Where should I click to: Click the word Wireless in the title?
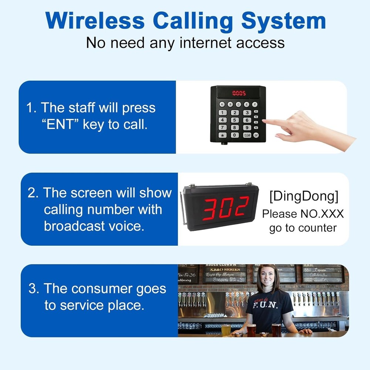click(x=96, y=21)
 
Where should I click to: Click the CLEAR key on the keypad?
click(x=247, y=135)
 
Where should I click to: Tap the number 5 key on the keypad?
click(x=235, y=120)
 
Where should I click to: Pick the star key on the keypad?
click(x=222, y=135)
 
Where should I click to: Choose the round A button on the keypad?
click(x=222, y=104)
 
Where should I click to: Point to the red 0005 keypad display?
click(x=239, y=93)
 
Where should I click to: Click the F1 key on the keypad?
click(x=256, y=112)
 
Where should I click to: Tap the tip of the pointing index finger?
click(x=267, y=122)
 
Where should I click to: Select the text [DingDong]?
click(x=303, y=197)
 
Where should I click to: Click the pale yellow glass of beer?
click(x=226, y=330)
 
